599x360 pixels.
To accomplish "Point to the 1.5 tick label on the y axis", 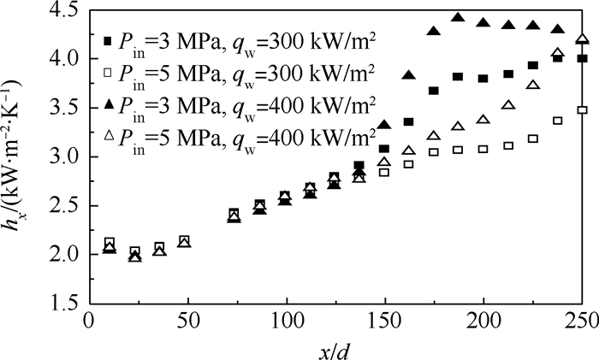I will click(65, 304).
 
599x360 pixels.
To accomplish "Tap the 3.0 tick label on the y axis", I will click(65, 157).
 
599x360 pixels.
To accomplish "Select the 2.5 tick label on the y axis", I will click(65, 206).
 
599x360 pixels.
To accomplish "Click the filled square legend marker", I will click(107, 41).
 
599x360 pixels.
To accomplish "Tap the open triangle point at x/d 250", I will click(583, 38).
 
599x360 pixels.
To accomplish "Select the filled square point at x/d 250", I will click(583, 58).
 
